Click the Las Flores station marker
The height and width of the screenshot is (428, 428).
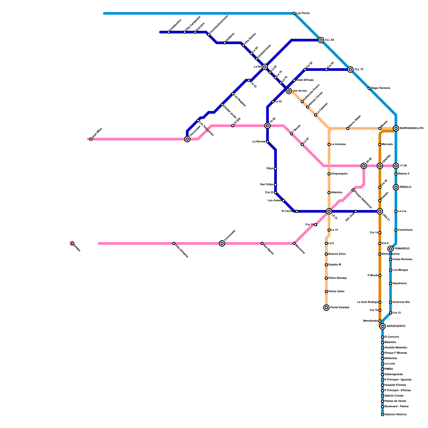pyautogui.click(x=294, y=13)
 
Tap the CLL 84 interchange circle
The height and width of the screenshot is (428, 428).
pyautogui.click(x=321, y=40)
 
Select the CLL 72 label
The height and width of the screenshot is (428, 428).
pyautogui.click(x=359, y=70)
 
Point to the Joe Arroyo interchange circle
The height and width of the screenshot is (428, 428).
pyautogui.click(x=289, y=91)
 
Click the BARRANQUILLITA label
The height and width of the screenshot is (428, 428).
pyautogui.click(x=411, y=128)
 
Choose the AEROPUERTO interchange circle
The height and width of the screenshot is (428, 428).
pyautogui.click(x=383, y=326)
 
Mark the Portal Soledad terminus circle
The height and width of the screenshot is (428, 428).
pyautogui.click(x=326, y=308)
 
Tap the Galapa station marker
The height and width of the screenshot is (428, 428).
pyautogui.click(x=72, y=243)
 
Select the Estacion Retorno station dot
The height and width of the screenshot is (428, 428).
pyautogui.click(x=383, y=415)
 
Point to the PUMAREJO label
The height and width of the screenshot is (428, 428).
pyautogui.click(x=402, y=249)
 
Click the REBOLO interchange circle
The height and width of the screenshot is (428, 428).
pyautogui.click(x=396, y=187)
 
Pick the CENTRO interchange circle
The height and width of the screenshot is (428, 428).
pyautogui.click(x=380, y=166)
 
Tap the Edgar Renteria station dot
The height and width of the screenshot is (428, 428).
pyautogui.click(x=369, y=88)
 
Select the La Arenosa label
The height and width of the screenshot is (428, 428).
pyautogui.click(x=338, y=144)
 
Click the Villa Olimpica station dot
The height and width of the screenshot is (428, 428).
pyautogui.click(x=174, y=243)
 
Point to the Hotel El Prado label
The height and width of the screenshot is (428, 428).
pyautogui.click(x=305, y=80)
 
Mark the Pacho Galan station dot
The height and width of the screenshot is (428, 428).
pyautogui.click(x=326, y=292)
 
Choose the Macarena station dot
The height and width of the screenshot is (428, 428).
pyautogui.click(x=294, y=243)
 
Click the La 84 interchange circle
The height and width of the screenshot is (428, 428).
pyautogui.click(x=265, y=67)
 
